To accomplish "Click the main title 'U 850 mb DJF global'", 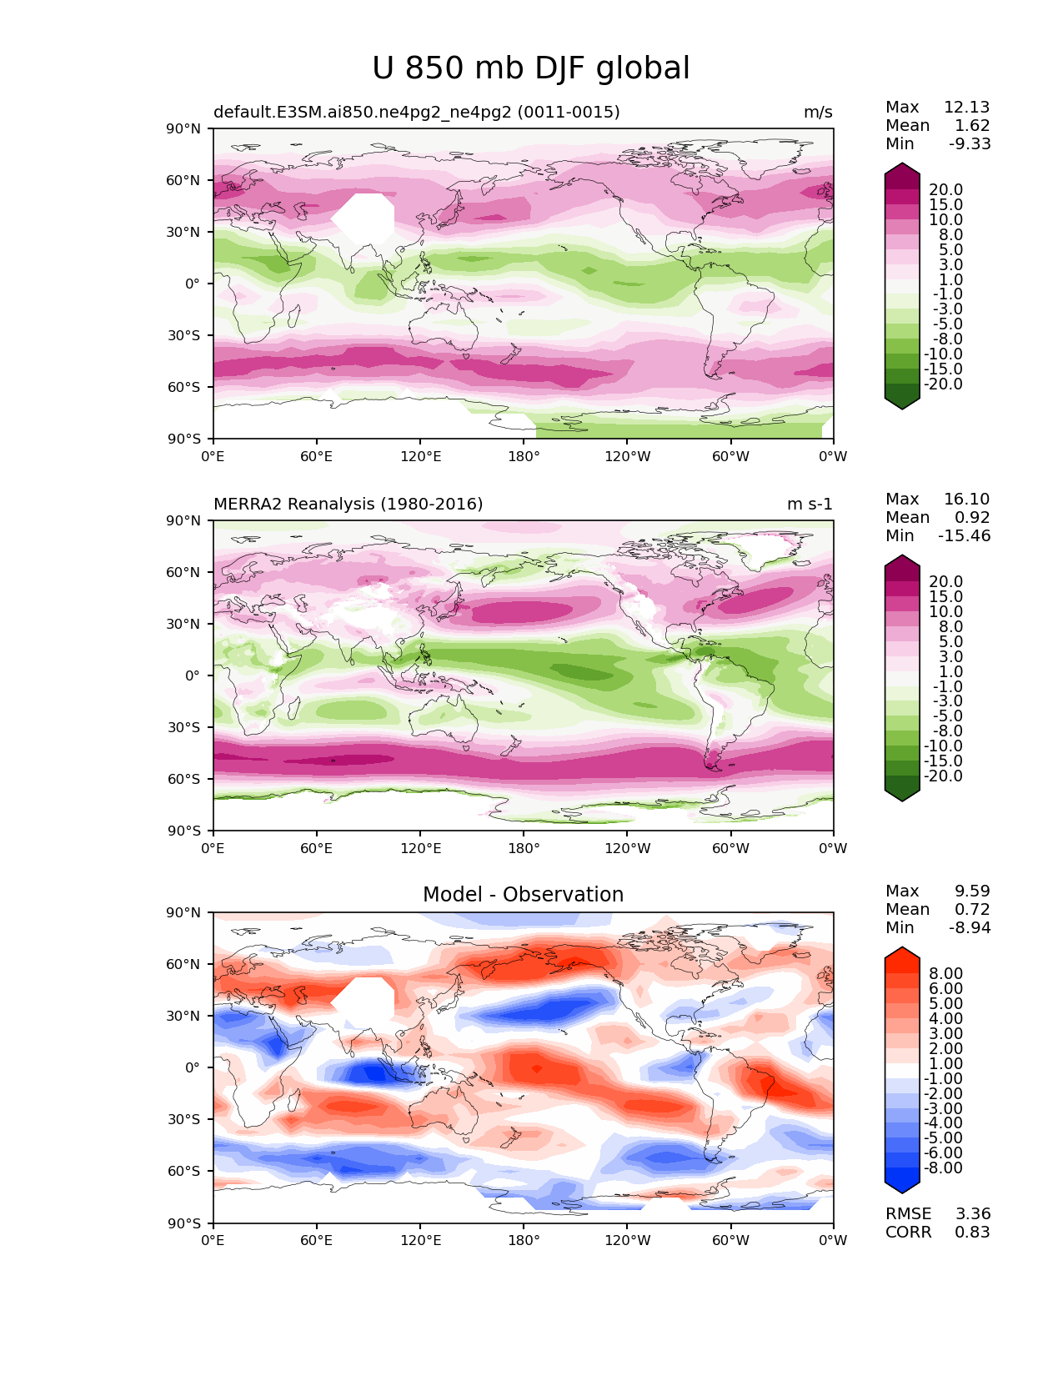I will click(531, 68).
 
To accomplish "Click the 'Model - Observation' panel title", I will click(523, 895).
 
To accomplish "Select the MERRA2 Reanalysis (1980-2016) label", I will click(348, 505).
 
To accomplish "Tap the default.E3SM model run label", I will click(416, 113).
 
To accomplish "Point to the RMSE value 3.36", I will click(972, 1214).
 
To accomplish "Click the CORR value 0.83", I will click(972, 1233).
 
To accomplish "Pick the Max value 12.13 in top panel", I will click(966, 108).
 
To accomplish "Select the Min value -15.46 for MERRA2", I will click(964, 536).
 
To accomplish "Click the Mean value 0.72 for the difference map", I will click(972, 910).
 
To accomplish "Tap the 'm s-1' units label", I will click(810, 505).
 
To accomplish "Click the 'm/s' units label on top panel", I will click(818, 113).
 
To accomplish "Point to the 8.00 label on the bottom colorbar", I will click(945, 974).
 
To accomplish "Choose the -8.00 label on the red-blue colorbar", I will click(943, 1168).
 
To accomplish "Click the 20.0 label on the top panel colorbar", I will click(945, 190).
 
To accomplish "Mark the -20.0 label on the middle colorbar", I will click(943, 776).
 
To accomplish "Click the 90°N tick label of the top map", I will click(184, 129).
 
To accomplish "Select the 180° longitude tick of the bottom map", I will click(524, 1241).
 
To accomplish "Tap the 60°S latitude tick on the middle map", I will click(184, 779).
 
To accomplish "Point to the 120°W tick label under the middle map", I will click(627, 849).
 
